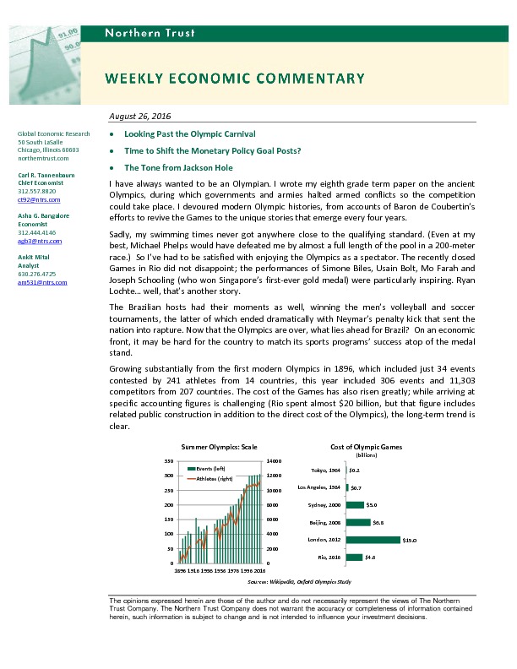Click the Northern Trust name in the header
click(x=150, y=33)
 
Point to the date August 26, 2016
click(x=141, y=116)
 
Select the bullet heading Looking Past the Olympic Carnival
click(x=189, y=134)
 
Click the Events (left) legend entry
click(x=211, y=468)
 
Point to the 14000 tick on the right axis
click(x=275, y=461)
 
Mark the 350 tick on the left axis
click(x=170, y=461)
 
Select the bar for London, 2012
click(x=373, y=540)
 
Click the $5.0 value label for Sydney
click(x=372, y=505)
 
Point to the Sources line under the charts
click(x=299, y=583)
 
